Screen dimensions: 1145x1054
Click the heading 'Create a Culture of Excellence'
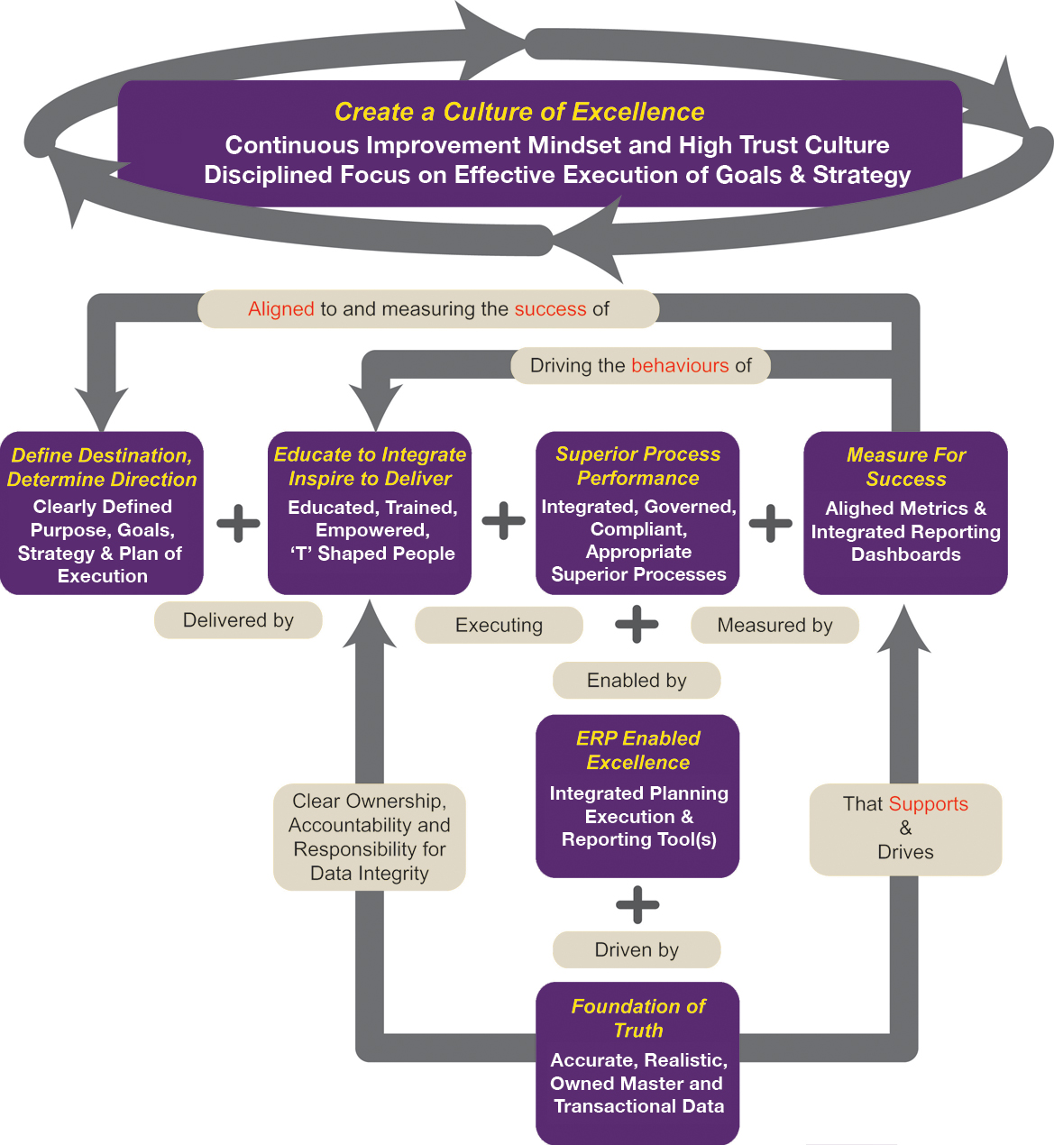519,112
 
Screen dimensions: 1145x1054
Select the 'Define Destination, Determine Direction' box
102,513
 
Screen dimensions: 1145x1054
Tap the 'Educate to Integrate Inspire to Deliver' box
370,513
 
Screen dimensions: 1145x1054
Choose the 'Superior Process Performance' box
637,513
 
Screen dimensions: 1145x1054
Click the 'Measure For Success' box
905,513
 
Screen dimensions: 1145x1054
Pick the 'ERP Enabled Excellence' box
637,795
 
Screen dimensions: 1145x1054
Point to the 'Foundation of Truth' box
637,1062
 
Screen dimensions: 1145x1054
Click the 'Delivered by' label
238,620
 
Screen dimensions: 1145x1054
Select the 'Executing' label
499,625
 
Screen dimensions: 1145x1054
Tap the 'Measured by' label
774,625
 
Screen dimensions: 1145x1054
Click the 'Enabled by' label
637,680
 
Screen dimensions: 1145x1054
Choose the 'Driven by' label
637,949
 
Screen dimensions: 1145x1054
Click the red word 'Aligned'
281,309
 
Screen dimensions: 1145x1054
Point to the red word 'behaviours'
680,365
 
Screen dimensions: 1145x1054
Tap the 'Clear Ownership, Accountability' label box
370,837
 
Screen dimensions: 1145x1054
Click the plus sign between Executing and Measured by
637,624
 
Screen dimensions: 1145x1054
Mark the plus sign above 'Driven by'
637,904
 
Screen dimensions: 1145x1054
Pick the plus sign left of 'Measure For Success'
771,522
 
